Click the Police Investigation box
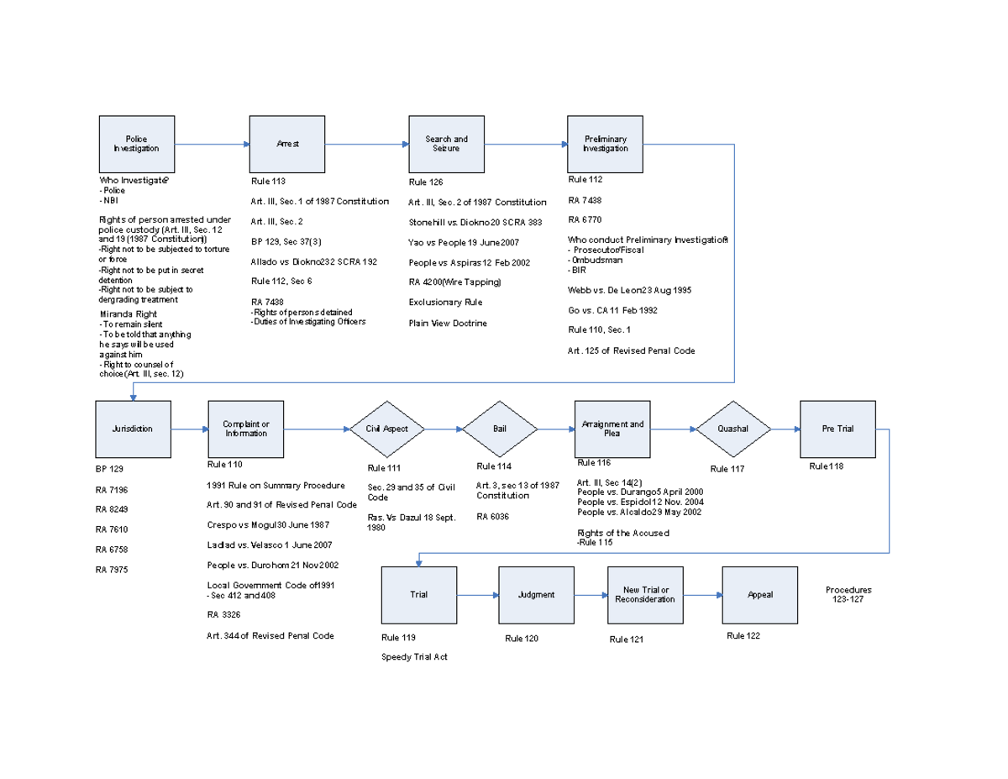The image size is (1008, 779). (136, 144)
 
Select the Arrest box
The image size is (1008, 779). (287, 144)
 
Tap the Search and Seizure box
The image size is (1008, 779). (446, 144)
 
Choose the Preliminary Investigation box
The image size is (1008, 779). (605, 144)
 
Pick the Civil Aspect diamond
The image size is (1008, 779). (387, 429)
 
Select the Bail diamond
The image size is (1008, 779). (499, 429)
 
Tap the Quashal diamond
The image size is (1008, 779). (732, 429)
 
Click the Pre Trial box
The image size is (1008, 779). (837, 429)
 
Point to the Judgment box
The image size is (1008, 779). (536, 595)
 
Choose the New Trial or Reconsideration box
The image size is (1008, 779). (646, 595)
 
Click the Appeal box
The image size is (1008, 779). (760, 595)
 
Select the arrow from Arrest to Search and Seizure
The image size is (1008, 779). (366, 144)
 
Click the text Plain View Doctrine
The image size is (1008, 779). (448, 324)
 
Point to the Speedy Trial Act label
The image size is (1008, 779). (414, 657)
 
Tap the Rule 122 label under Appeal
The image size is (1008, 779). (743, 636)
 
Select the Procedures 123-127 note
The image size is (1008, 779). (848, 595)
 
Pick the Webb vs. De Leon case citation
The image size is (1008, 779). (630, 290)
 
